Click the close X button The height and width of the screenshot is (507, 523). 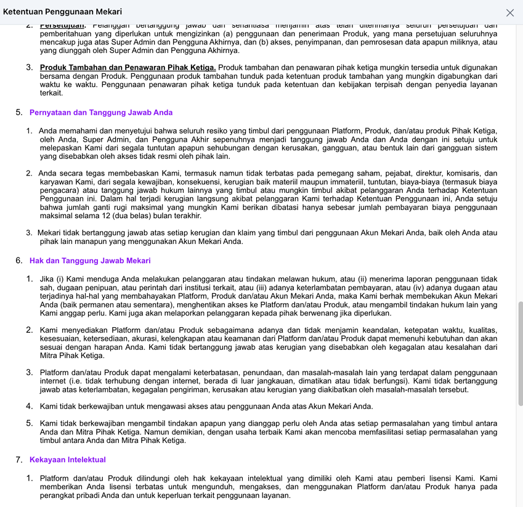[x=509, y=12]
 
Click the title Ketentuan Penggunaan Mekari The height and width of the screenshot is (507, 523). [x=62, y=12]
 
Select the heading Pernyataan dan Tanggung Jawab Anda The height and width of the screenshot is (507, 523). [x=101, y=113]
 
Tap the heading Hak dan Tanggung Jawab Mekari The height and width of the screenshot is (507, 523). [x=90, y=261]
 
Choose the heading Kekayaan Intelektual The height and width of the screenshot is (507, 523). [x=68, y=460]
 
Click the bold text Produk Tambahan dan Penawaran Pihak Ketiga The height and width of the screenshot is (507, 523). [x=128, y=67]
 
